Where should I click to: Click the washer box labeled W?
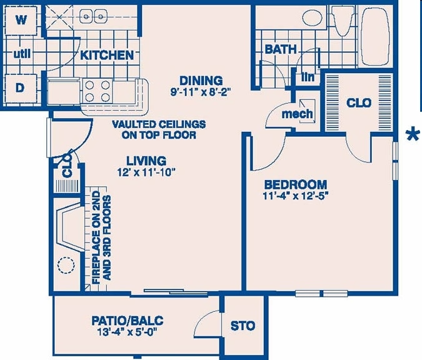pyautogui.click(x=21, y=19)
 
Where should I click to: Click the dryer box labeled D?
pyautogui.click(x=20, y=88)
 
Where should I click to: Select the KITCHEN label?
pyautogui.click(x=107, y=55)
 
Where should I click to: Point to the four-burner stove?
pyautogui.click(x=97, y=91)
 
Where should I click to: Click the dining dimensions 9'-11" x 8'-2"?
pyautogui.click(x=201, y=92)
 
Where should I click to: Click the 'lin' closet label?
pyautogui.click(x=307, y=77)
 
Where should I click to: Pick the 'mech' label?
pyautogui.click(x=297, y=114)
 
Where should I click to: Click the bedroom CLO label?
pyautogui.click(x=359, y=102)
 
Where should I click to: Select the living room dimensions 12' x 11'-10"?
pyautogui.click(x=145, y=172)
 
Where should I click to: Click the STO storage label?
pyautogui.click(x=243, y=326)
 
